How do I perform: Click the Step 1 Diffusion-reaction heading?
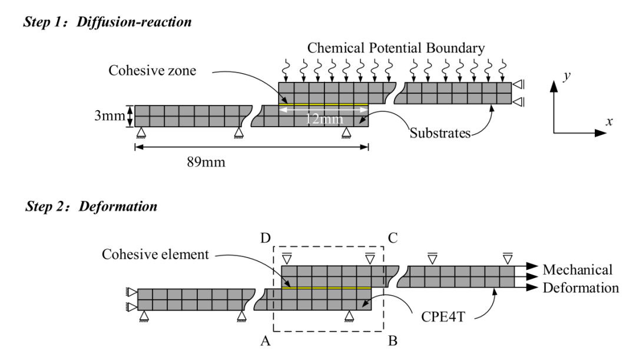click(x=108, y=22)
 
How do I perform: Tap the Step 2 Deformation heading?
click(x=91, y=207)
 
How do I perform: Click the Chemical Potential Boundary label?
click(x=396, y=48)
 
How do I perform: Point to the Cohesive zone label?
click(x=152, y=71)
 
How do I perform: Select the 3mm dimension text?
click(x=110, y=115)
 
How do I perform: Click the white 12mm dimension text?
click(x=324, y=119)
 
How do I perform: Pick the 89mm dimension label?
click(x=206, y=163)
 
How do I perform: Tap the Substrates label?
click(x=440, y=133)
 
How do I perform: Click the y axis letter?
click(x=567, y=76)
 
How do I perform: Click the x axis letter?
click(x=609, y=121)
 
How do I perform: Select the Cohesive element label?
click(x=155, y=255)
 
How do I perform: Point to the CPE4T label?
click(x=443, y=316)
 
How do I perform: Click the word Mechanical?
click(x=578, y=270)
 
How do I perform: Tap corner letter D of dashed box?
click(x=265, y=238)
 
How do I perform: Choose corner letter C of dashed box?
click(x=393, y=238)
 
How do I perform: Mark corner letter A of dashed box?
click(x=265, y=341)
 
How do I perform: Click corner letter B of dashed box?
click(x=393, y=341)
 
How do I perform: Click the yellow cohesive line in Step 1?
click(x=324, y=105)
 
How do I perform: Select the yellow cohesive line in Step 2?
click(x=326, y=288)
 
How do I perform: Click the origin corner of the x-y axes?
click(x=554, y=133)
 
